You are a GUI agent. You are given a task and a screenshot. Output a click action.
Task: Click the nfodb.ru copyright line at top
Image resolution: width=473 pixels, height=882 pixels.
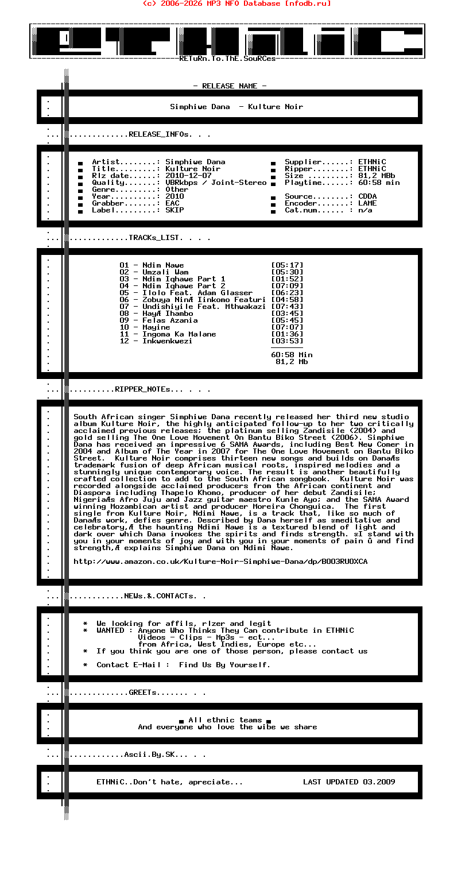[236, 3]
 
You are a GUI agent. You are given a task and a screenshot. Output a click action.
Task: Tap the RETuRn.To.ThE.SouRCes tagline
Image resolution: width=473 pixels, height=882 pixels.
[227, 59]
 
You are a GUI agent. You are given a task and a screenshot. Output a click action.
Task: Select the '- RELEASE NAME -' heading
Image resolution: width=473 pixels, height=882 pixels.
[230, 86]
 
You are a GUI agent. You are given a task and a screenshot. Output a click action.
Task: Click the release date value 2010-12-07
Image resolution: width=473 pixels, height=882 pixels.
[188, 176]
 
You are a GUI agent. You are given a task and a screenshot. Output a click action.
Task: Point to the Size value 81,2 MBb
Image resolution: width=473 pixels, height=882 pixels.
[377, 176]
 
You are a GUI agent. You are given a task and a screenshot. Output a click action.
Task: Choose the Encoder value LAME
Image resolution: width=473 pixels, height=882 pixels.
[367, 203]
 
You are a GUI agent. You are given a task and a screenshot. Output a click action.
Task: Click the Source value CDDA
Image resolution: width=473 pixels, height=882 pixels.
[367, 196]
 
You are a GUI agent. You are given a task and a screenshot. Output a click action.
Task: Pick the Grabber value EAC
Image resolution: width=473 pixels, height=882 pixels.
[172, 203]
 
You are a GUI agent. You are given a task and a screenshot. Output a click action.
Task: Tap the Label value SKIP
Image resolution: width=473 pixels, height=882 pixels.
[175, 210]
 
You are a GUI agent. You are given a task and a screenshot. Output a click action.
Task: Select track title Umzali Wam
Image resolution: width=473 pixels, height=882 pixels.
[165, 272]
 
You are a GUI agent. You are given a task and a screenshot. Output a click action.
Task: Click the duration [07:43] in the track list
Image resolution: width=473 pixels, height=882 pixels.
[287, 307]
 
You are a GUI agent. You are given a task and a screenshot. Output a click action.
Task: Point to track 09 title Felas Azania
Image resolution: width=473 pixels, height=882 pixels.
[170, 320]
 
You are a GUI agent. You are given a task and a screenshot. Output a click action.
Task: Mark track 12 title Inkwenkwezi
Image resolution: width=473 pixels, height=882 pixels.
[168, 341]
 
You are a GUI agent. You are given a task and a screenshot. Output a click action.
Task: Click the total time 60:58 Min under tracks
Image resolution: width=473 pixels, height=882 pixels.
[292, 355]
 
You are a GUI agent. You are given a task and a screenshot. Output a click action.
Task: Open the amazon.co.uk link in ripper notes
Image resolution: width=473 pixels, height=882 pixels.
[220, 562]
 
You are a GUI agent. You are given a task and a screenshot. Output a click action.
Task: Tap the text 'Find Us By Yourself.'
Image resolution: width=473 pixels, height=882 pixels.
[224, 665]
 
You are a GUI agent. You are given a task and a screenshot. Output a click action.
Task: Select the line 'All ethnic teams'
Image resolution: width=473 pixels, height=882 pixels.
[225, 720]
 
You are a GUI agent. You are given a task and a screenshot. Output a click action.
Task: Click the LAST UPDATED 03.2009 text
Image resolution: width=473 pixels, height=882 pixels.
[349, 782]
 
